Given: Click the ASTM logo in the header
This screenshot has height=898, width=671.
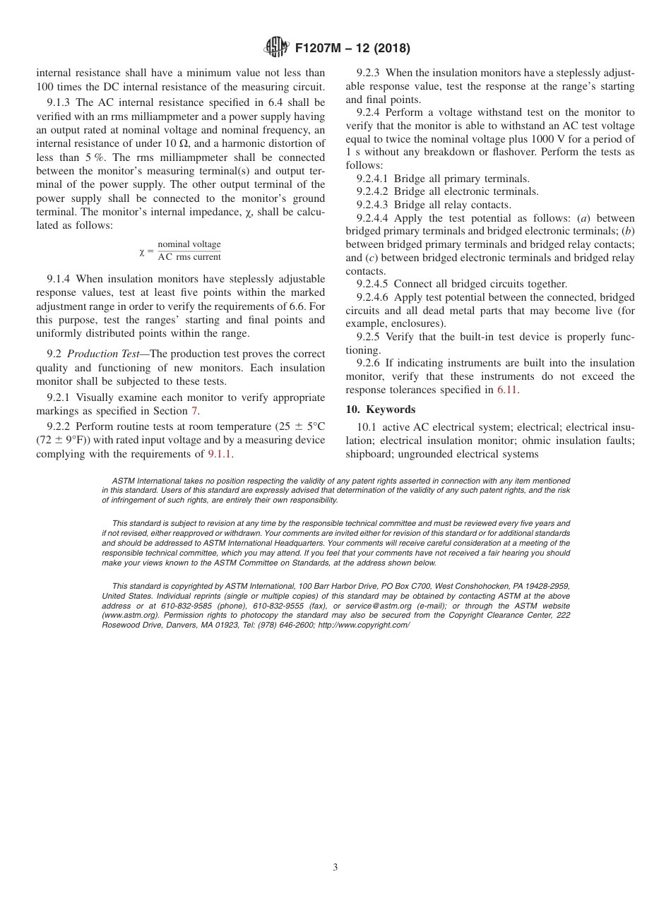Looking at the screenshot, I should click(275, 48).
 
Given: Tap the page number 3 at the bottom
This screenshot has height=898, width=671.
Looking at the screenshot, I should click(335, 868).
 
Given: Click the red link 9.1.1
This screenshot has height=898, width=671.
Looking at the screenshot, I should click(220, 453).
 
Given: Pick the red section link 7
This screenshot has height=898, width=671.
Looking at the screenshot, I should click(195, 411).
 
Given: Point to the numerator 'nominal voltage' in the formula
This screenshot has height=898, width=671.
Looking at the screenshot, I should click(189, 244).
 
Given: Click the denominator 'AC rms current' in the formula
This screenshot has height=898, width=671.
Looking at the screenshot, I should click(189, 257).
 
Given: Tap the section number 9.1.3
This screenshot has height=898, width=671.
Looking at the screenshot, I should click(60, 102).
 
